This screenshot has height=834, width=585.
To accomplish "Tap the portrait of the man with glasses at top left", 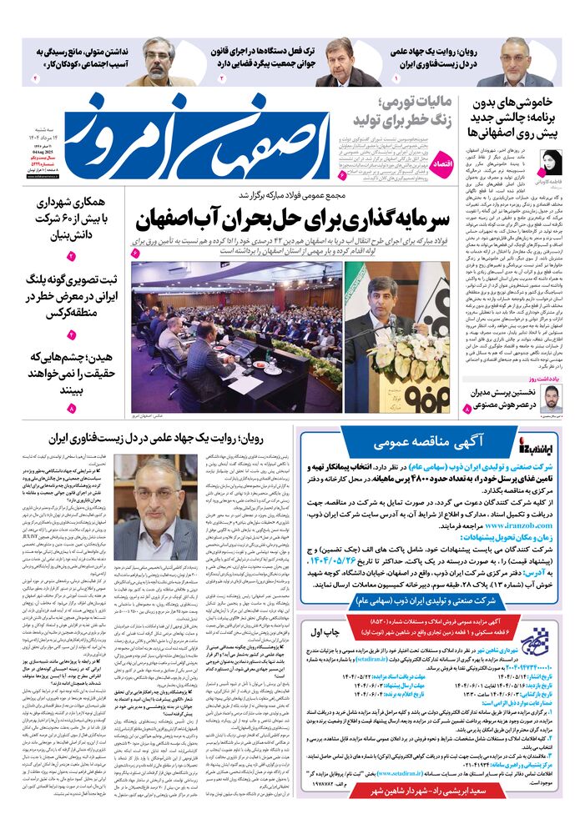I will (x=159, y=62).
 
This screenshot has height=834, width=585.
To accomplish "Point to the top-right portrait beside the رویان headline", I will (x=516, y=62).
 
